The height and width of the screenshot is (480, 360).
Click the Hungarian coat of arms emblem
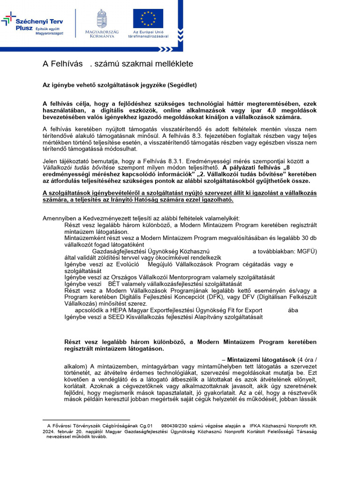pos(102,18)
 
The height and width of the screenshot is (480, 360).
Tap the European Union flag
pos(148,18)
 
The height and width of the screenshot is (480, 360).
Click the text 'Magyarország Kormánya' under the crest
pos(102,34)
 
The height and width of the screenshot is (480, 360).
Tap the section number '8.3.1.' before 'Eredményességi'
pos(180,161)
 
